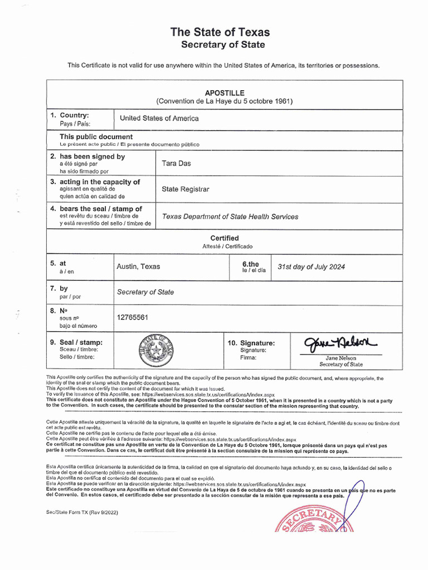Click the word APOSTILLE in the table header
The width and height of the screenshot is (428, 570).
point(225,93)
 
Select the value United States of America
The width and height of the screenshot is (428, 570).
point(159,119)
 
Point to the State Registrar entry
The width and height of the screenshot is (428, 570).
point(186,189)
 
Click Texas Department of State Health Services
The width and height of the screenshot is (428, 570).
point(230,217)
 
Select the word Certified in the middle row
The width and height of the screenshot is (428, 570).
point(225,238)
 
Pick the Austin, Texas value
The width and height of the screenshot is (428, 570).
point(138,267)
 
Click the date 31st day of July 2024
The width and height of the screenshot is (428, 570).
point(311,267)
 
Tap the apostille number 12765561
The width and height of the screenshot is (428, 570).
point(132,317)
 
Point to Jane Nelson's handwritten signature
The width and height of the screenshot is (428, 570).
point(340,342)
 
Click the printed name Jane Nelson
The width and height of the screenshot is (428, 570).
point(341,358)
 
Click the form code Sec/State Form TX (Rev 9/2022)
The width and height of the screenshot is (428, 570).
point(82,512)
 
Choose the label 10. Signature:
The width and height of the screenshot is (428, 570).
point(251,343)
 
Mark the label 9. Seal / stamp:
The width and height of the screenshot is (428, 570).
point(76,342)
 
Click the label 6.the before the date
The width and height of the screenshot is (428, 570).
point(251,263)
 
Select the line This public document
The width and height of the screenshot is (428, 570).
point(96,137)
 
